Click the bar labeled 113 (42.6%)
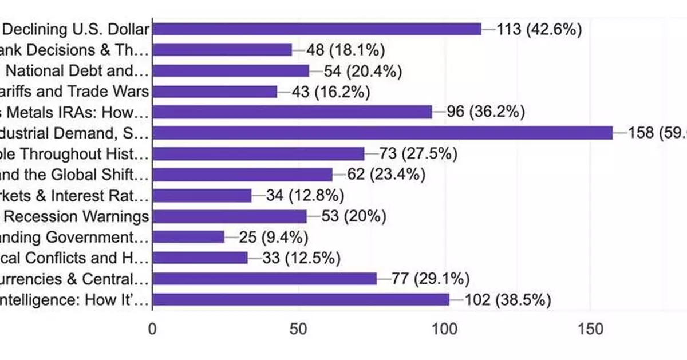(317, 29)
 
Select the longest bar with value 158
(382, 133)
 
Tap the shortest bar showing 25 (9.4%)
(188, 237)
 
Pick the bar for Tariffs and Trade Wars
(215, 92)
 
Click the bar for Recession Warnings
(230, 216)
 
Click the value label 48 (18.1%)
(345, 50)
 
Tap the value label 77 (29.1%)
(431, 279)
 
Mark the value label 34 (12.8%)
(305, 196)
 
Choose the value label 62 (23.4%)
(386, 175)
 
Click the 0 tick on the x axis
(152, 329)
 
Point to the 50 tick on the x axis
(298, 329)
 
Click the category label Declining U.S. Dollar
(75, 29)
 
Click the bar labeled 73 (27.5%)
(258, 154)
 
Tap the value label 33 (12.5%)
(301, 258)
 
